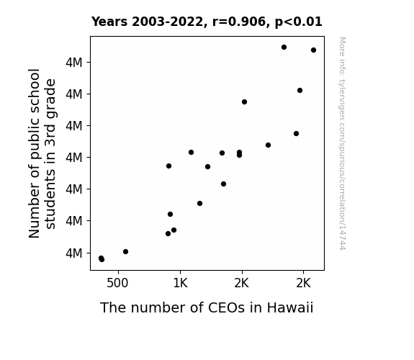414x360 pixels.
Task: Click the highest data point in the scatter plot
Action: coord(284,48)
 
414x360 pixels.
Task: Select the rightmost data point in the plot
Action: coord(313,50)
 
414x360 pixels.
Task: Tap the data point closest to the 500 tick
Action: coord(126,252)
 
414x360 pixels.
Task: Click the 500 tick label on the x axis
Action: coord(117,284)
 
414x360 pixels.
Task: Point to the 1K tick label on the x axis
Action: coord(180,284)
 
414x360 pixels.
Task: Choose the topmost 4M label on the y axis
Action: coord(74,63)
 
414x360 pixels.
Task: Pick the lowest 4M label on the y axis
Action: coord(74,253)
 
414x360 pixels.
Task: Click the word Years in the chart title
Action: coord(109,22)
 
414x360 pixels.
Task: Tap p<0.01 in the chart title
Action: coord(299,22)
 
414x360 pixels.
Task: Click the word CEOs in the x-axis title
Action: coord(227,307)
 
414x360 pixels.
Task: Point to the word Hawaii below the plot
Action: coord(290,307)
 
